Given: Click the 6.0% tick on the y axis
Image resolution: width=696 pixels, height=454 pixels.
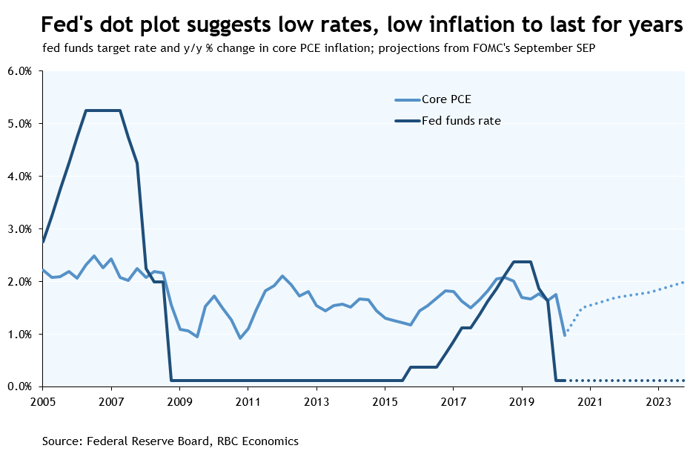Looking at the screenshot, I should click(x=20, y=71).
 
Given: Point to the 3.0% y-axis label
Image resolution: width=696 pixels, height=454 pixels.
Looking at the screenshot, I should click(x=20, y=229).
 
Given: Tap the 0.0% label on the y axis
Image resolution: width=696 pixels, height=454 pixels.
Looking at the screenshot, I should click(x=20, y=386).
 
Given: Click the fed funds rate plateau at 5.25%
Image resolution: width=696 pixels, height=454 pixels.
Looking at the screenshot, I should click(x=103, y=111).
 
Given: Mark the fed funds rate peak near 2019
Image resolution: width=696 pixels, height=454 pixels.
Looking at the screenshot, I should click(x=522, y=261).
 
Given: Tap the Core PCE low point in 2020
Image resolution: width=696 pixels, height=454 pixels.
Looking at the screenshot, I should click(x=564, y=335).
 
